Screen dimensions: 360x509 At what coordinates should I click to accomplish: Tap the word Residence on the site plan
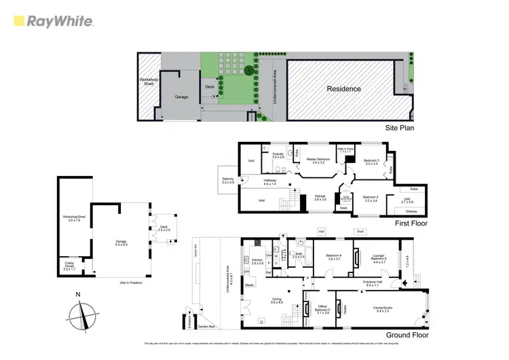[344, 89]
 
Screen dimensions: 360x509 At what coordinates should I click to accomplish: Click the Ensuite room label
[278, 156]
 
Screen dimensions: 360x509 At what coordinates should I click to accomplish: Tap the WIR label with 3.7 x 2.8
[408, 201]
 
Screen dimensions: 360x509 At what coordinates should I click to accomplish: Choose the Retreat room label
[320, 198]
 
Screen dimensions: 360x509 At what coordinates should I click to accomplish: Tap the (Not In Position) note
[129, 282]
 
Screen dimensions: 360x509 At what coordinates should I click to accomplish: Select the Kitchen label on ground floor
[257, 262]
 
